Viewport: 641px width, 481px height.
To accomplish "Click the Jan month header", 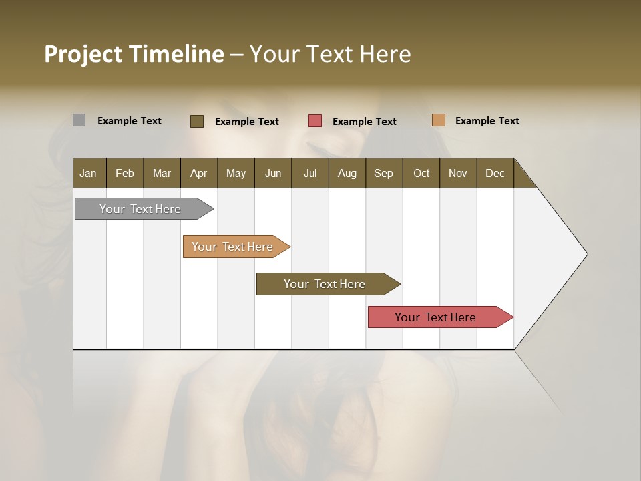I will [x=88, y=173].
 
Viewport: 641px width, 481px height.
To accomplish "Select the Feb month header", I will [x=125, y=173].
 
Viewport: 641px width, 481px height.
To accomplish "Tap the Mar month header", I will [x=162, y=173].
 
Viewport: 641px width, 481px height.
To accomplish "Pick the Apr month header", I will [x=198, y=173].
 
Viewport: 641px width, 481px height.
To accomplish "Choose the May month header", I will [x=236, y=173].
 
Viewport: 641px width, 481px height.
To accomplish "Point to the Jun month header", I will [x=273, y=173].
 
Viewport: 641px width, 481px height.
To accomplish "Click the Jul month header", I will [x=310, y=173].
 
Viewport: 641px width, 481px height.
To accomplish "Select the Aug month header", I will [x=347, y=173].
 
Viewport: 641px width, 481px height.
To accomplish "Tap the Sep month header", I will [x=383, y=173].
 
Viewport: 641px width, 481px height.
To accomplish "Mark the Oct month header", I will [x=421, y=173].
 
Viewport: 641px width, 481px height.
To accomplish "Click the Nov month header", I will [x=457, y=173].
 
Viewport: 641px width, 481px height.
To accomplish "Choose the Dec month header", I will [x=495, y=173].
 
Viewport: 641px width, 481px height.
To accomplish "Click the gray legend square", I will [x=79, y=120].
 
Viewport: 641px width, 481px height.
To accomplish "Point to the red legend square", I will [x=315, y=121].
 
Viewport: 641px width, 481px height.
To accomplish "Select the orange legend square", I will [x=438, y=120].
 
